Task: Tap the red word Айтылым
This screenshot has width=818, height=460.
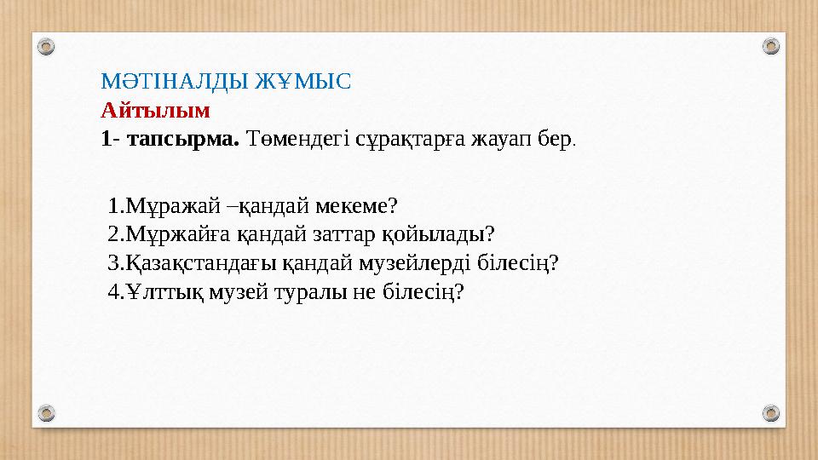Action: [x=155, y=110]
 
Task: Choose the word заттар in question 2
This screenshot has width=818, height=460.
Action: [x=322, y=234]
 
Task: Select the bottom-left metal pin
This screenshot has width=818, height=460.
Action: [x=47, y=414]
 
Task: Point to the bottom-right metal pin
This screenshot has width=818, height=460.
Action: [x=770, y=414]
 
